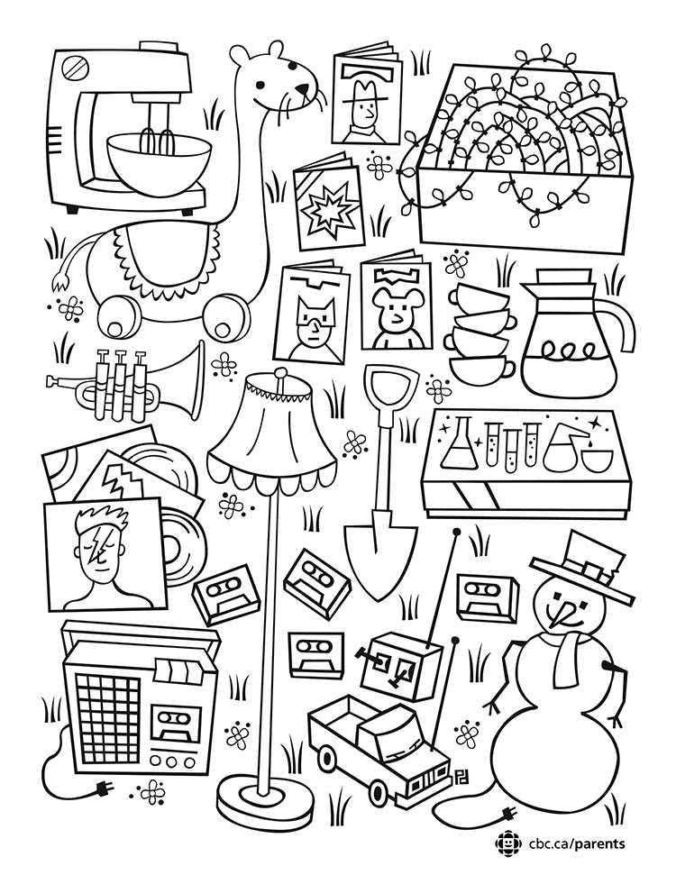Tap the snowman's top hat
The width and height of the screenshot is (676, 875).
click(584, 568)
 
